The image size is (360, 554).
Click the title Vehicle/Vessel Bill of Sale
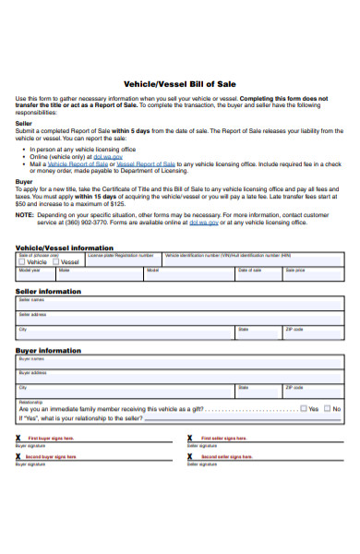point(180,82)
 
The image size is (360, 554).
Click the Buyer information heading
point(47,351)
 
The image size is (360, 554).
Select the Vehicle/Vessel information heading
point(65,247)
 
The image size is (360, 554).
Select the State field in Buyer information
point(258,391)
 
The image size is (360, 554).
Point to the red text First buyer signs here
point(52,438)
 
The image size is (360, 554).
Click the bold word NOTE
point(25,215)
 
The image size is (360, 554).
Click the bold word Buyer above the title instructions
point(24,182)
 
